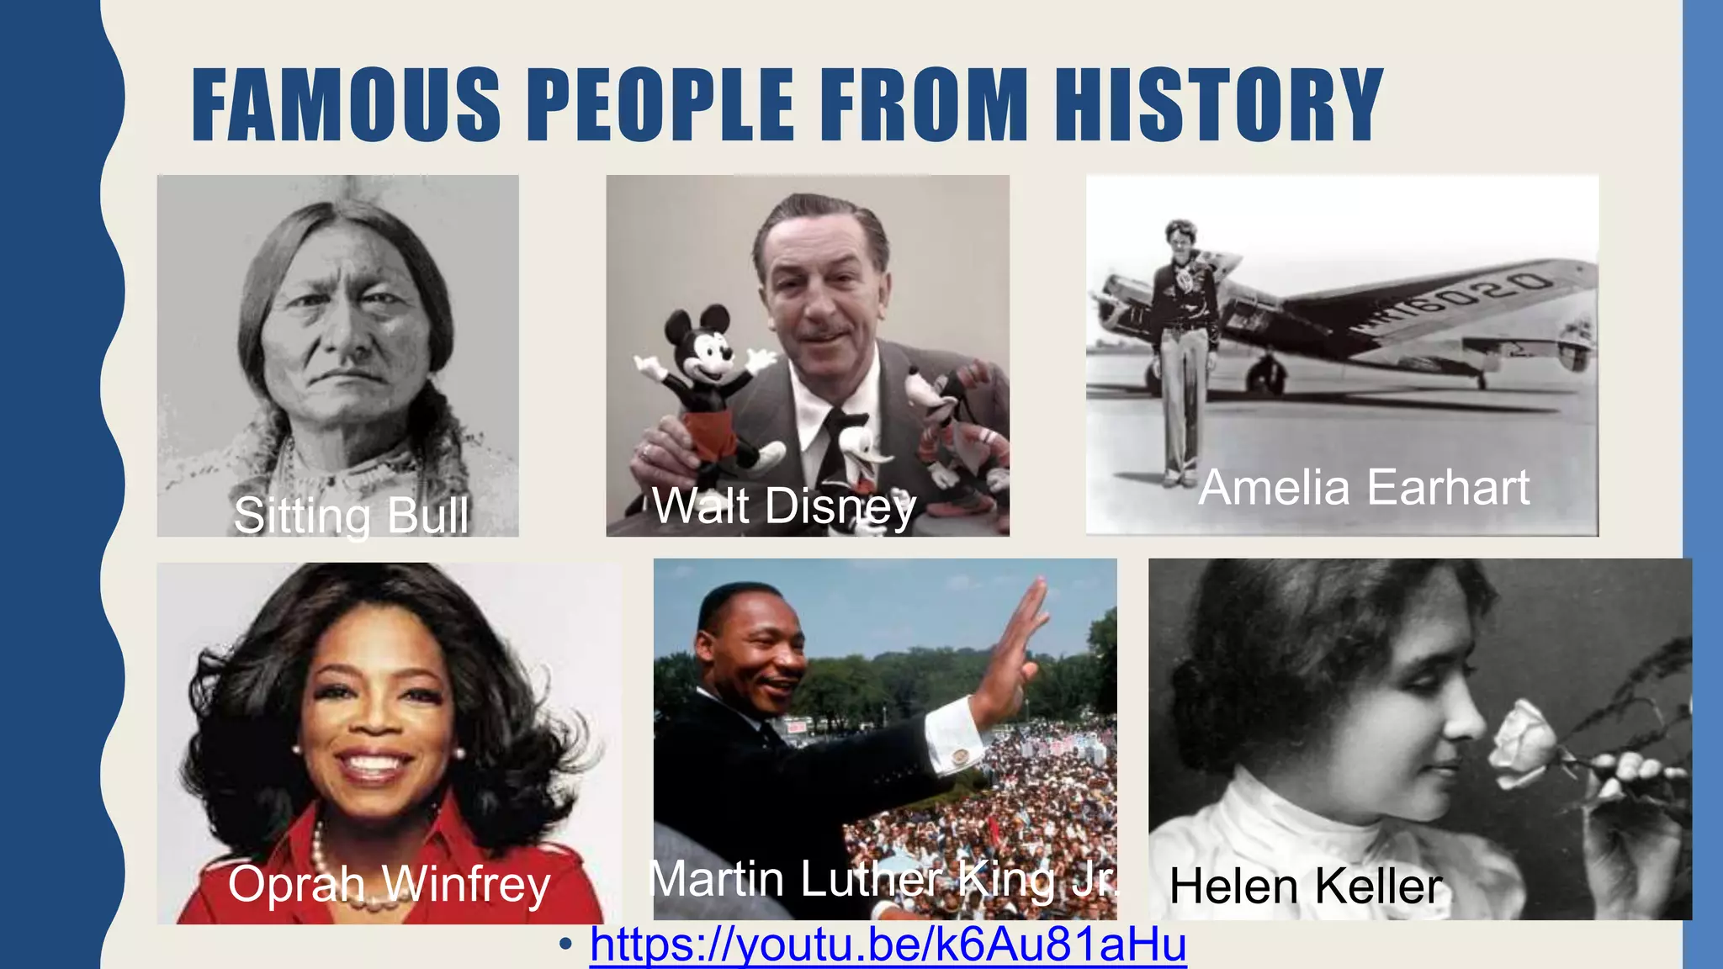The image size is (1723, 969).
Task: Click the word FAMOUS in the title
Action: pyautogui.click(x=346, y=104)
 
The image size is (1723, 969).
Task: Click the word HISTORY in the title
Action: pyautogui.click(x=1219, y=104)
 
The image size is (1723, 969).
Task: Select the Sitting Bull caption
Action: pyautogui.click(x=351, y=515)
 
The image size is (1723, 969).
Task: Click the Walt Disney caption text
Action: pyautogui.click(x=783, y=506)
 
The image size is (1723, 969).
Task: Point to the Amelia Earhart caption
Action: pyautogui.click(x=1364, y=487)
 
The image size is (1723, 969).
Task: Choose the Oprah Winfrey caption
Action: pyautogui.click(x=389, y=884)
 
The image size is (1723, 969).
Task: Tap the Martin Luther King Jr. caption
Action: pyautogui.click(x=883, y=879)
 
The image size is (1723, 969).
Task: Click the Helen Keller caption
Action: pyautogui.click(x=1305, y=886)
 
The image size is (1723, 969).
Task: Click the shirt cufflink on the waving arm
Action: pyautogui.click(x=957, y=756)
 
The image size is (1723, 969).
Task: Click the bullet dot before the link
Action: pyautogui.click(x=565, y=944)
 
